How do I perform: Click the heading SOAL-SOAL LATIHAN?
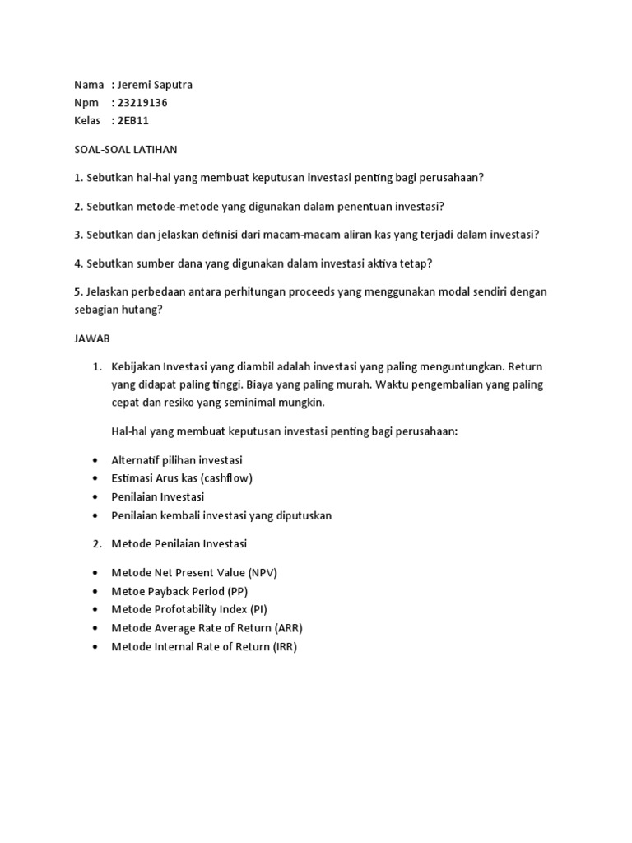tap(125, 150)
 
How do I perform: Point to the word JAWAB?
tap(92, 338)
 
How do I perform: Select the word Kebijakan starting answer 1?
tap(136, 366)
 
